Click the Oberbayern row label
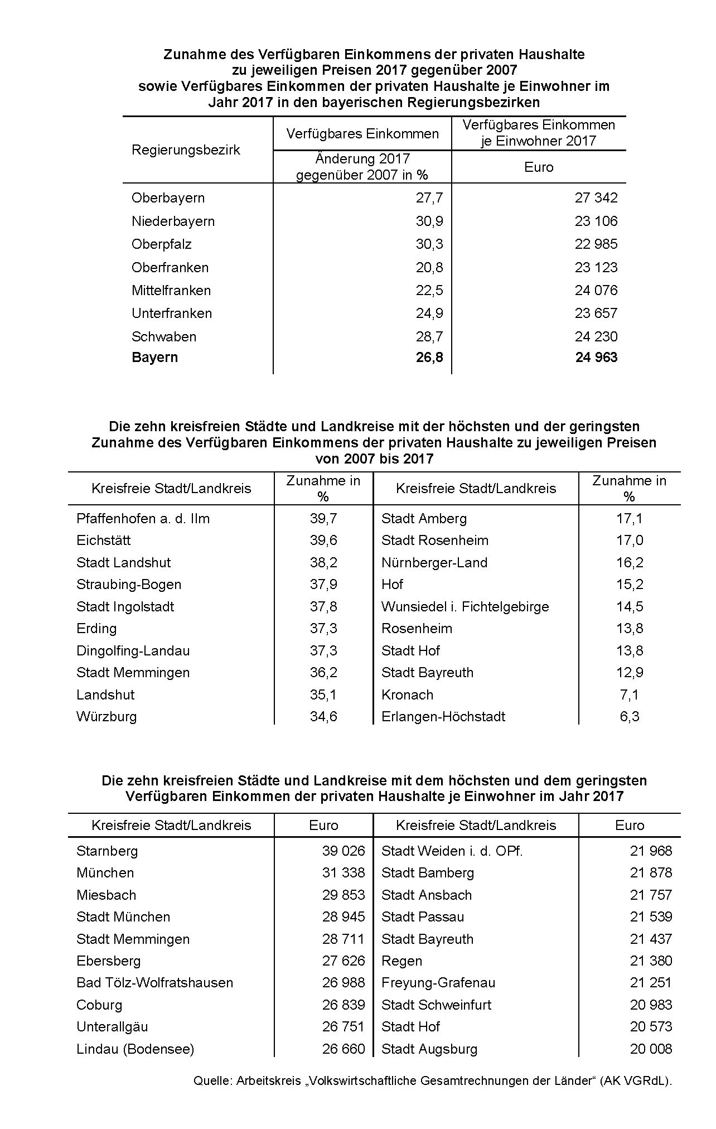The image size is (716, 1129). click(168, 198)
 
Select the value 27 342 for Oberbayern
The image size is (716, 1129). click(596, 198)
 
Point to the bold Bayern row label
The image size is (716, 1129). click(154, 358)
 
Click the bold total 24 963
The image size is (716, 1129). click(596, 358)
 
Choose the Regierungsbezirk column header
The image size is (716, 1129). click(186, 150)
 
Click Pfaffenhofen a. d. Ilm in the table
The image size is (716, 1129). click(143, 519)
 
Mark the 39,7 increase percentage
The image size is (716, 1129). click(323, 519)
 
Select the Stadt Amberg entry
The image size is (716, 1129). click(424, 519)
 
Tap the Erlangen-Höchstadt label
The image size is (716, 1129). click(443, 717)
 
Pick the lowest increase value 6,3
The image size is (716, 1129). click(630, 717)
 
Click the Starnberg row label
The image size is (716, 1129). click(107, 851)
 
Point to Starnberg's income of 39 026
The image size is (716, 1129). click(344, 851)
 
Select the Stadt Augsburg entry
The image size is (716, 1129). click(429, 1049)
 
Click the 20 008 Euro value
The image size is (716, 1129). click(651, 1049)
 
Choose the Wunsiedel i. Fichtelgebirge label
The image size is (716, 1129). click(465, 607)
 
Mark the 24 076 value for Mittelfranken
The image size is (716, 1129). click(596, 291)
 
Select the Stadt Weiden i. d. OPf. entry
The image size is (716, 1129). click(452, 851)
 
